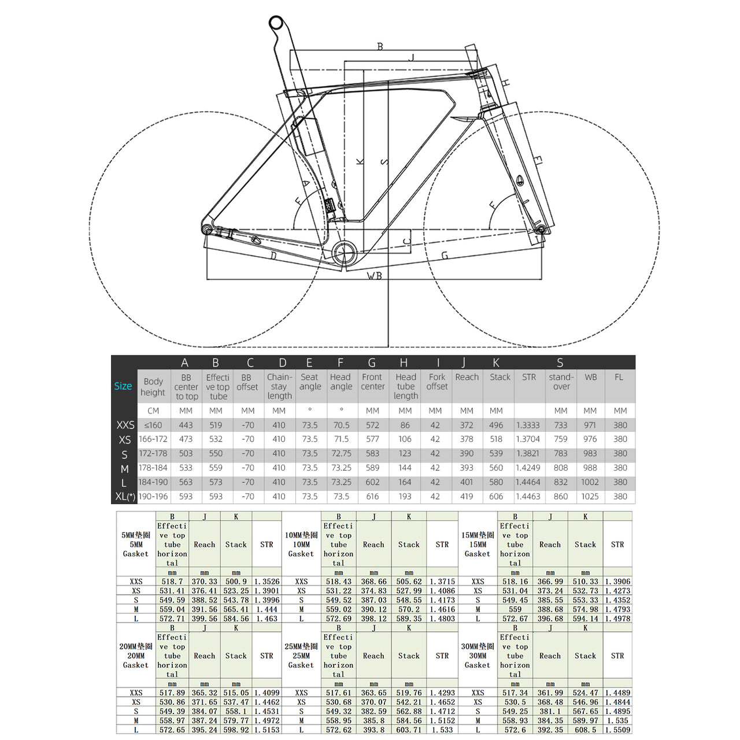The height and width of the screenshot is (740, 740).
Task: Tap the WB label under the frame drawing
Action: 375,276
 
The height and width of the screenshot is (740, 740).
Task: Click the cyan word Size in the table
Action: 123,386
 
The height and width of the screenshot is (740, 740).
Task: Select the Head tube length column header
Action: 406,386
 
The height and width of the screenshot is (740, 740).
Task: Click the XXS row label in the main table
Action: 125,425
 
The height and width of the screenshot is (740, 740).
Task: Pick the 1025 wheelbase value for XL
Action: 590,497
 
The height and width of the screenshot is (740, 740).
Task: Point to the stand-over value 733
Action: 561,425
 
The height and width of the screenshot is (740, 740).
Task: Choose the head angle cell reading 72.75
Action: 341,454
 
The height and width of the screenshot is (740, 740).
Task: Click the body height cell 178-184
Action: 153,468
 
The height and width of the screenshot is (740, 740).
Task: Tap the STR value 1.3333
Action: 528,425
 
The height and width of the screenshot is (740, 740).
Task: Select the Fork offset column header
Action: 437,382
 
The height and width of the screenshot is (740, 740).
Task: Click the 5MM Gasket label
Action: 136,545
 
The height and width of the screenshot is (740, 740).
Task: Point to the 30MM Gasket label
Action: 478,656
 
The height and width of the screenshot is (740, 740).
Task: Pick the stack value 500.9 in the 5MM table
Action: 236,582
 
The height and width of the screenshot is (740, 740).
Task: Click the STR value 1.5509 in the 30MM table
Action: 617,730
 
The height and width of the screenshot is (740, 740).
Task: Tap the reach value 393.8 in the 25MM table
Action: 374,730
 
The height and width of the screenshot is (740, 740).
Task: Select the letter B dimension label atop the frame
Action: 380,46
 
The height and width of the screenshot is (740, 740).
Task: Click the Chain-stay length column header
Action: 279,386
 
